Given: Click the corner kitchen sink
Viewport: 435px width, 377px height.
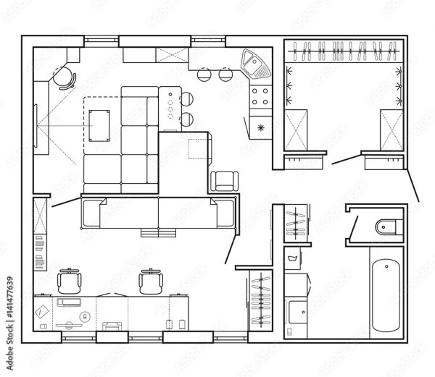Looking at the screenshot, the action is click(x=255, y=64).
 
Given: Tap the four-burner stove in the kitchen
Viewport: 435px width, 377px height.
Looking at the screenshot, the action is click(x=260, y=96).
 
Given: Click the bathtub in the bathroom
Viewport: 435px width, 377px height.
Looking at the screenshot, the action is click(x=386, y=295).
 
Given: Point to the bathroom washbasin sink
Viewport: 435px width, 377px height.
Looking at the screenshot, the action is click(x=298, y=312).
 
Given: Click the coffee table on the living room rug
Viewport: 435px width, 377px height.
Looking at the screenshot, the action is click(x=99, y=126).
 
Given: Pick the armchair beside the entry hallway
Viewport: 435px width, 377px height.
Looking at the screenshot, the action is click(x=225, y=182).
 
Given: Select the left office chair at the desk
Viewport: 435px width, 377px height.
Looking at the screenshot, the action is click(x=70, y=281).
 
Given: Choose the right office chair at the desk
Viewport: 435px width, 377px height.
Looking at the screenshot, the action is click(x=151, y=281).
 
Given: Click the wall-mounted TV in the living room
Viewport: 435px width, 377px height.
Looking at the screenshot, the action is click(x=36, y=126).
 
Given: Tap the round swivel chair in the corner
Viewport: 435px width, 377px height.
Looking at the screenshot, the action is click(x=64, y=78).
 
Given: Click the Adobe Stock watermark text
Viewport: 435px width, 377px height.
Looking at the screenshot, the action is click(x=9, y=324).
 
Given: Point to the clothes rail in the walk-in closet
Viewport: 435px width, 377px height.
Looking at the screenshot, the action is click(x=344, y=51).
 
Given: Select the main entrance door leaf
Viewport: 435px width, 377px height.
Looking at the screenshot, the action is click(x=413, y=185).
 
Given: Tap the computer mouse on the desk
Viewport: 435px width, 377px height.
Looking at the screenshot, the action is click(x=85, y=316).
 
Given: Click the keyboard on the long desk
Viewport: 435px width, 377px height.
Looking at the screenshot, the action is click(x=69, y=302).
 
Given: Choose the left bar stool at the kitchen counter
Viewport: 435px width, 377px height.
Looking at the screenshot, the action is click(x=204, y=75).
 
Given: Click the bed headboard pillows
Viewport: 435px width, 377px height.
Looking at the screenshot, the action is click(x=158, y=232).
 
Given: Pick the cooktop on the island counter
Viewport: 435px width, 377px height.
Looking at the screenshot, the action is click(x=170, y=106).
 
